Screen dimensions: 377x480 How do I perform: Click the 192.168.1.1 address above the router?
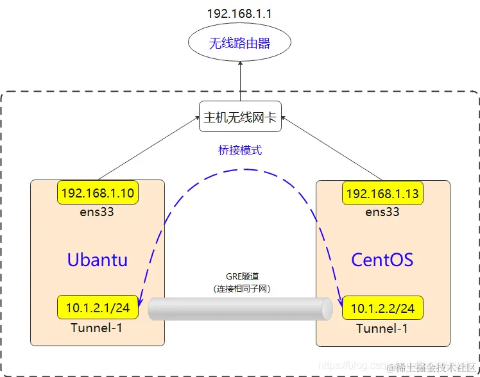(240, 13)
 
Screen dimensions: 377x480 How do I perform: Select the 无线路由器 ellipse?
(240, 44)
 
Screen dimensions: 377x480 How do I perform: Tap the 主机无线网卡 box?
(240, 117)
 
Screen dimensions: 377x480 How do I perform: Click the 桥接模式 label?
(240, 151)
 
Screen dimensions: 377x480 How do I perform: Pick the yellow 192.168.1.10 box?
(98, 193)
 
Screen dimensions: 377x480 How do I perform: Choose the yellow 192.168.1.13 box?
(382, 193)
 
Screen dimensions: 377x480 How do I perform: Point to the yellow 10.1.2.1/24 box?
(98, 308)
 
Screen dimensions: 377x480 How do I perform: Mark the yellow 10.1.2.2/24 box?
(382, 308)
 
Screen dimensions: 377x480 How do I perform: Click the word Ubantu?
(98, 260)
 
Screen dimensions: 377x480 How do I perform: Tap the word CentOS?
(382, 260)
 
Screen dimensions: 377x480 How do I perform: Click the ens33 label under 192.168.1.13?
(382, 211)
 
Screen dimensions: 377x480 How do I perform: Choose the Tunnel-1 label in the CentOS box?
(382, 328)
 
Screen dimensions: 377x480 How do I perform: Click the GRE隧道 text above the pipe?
(240, 277)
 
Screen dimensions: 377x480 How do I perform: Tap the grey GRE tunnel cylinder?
(240, 308)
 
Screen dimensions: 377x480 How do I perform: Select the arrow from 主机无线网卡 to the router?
(240, 81)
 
